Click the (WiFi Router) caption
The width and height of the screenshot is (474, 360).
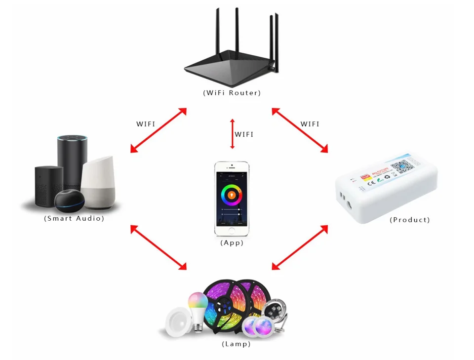[232, 92]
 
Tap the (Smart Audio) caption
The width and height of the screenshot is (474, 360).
[74, 218]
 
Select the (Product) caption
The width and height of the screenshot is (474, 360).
[409, 220]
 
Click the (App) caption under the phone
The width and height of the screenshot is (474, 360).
[232, 243]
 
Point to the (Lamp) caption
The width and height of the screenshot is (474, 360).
[236, 344]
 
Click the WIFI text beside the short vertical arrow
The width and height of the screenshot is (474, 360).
[244, 134]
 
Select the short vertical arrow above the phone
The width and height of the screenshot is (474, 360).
[232, 134]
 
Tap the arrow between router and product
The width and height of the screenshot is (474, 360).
[300, 130]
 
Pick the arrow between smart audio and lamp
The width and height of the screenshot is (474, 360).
[158, 247]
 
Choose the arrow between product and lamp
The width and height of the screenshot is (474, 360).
[300, 247]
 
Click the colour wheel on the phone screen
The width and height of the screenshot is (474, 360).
[231, 195]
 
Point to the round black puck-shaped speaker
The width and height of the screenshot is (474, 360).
[69, 200]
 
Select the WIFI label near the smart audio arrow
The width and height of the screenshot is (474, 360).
[146, 124]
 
